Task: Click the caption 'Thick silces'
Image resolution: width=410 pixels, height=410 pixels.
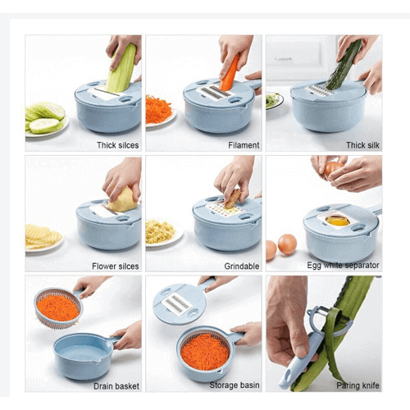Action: pos(118,145)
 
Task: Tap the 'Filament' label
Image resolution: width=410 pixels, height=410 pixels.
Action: pos(244,145)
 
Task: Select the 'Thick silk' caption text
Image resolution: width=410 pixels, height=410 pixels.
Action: pos(362,145)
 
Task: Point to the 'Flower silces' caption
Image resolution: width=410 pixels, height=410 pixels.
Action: pos(116,266)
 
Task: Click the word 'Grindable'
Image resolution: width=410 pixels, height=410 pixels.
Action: pos(242,266)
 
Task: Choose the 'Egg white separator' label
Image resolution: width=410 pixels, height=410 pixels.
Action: pos(343,266)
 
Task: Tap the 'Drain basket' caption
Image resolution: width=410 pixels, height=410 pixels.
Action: pos(116,386)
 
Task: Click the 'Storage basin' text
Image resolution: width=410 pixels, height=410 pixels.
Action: pos(235,385)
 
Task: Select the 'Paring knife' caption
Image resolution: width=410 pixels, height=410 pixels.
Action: pos(358,385)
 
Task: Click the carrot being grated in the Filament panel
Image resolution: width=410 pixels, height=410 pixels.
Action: pos(230,73)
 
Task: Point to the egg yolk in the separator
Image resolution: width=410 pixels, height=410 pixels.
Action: pos(338,221)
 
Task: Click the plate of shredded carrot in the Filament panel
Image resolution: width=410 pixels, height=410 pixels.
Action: pos(160,111)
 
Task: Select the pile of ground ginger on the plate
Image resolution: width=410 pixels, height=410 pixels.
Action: pos(159,231)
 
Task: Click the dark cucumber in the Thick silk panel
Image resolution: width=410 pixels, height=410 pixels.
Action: pos(344,66)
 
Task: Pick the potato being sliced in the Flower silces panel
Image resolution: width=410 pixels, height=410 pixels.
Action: pos(123,200)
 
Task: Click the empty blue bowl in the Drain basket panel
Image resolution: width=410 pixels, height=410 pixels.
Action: pos(84,356)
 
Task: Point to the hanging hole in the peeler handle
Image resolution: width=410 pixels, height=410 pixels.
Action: pos(289,376)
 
